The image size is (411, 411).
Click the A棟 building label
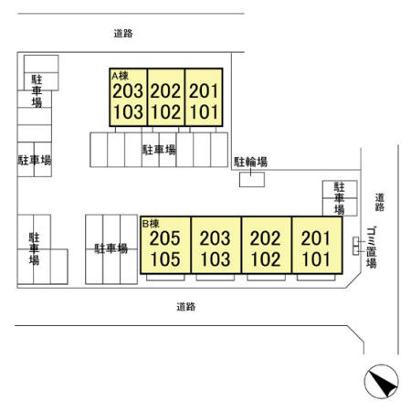(x=120, y=76)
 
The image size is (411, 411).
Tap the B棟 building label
(x=151, y=224)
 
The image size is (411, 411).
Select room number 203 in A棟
(x=128, y=91)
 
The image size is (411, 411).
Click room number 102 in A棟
(x=166, y=112)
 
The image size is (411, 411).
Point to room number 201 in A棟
(x=204, y=91)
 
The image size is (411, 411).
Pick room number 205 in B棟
(x=165, y=238)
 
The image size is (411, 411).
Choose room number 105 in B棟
(x=165, y=259)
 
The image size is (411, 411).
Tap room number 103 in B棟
(x=216, y=259)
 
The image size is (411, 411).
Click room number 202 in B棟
(x=265, y=238)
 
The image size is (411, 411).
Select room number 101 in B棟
(x=316, y=259)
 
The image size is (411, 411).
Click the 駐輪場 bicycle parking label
(x=250, y=162)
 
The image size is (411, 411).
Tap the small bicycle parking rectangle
(x=252, y=180)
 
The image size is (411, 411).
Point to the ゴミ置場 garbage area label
(x=372, y=248)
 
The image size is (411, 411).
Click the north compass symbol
(x=381, y=381)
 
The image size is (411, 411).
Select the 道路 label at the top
(x=123, y=33)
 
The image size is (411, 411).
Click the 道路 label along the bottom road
(x=186, y=307)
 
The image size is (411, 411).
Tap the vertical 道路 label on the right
(x=379, y=202)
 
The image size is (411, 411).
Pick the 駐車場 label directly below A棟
(x=159, y=150)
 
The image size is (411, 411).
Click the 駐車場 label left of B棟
(x=111, y=248)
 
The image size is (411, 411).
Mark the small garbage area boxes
(x=356, y=246)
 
